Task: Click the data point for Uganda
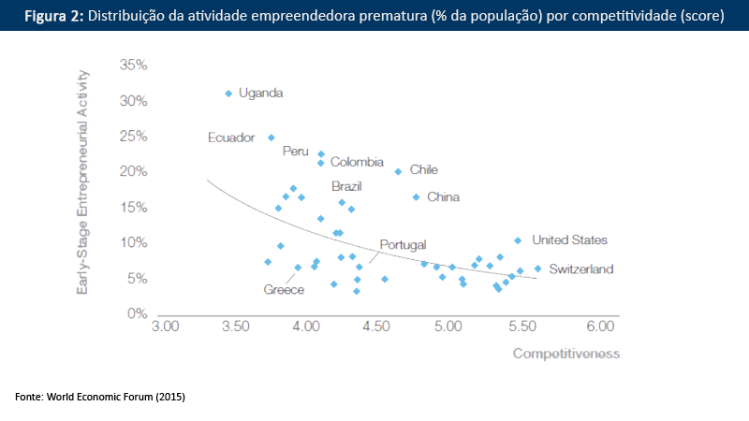228,94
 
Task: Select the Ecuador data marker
272,138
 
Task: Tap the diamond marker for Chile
398,171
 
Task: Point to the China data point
416,197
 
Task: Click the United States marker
518,240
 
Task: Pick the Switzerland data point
537,269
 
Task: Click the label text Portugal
403,244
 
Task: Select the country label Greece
284,290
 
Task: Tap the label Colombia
357,162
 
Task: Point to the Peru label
295,151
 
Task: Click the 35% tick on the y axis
134,65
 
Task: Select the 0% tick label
138,313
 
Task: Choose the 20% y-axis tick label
134,172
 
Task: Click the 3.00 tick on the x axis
165,327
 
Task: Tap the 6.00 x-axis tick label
599,327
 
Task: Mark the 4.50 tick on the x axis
376,327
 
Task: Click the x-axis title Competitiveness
565,354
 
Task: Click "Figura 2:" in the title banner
53,16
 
